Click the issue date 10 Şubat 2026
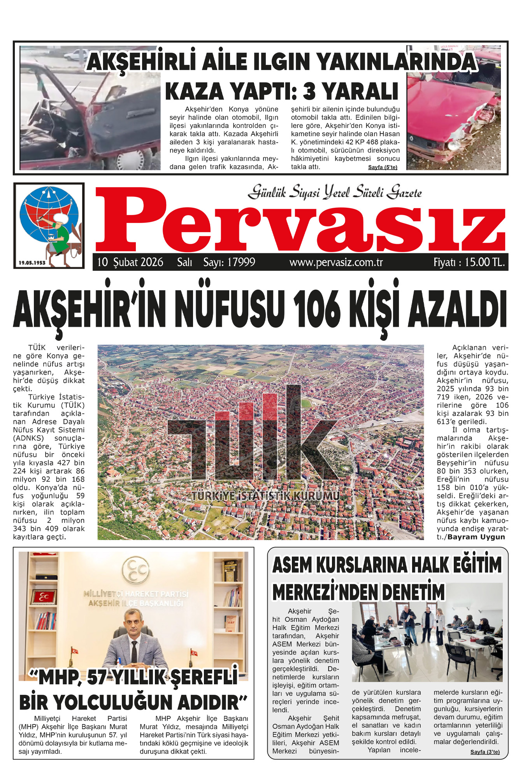coord(130,262)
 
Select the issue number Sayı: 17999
coord(229,262)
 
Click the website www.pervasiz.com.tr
coord(336,263)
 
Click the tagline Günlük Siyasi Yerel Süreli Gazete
coord(335,192)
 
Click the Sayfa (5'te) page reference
coord(383,167)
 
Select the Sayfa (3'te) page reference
coord(485,752)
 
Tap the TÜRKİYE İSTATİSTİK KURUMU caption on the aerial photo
coord(265,496)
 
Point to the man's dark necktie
coord(134,650)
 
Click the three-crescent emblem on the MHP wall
coord(135,569)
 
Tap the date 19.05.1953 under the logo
coord(32,263)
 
